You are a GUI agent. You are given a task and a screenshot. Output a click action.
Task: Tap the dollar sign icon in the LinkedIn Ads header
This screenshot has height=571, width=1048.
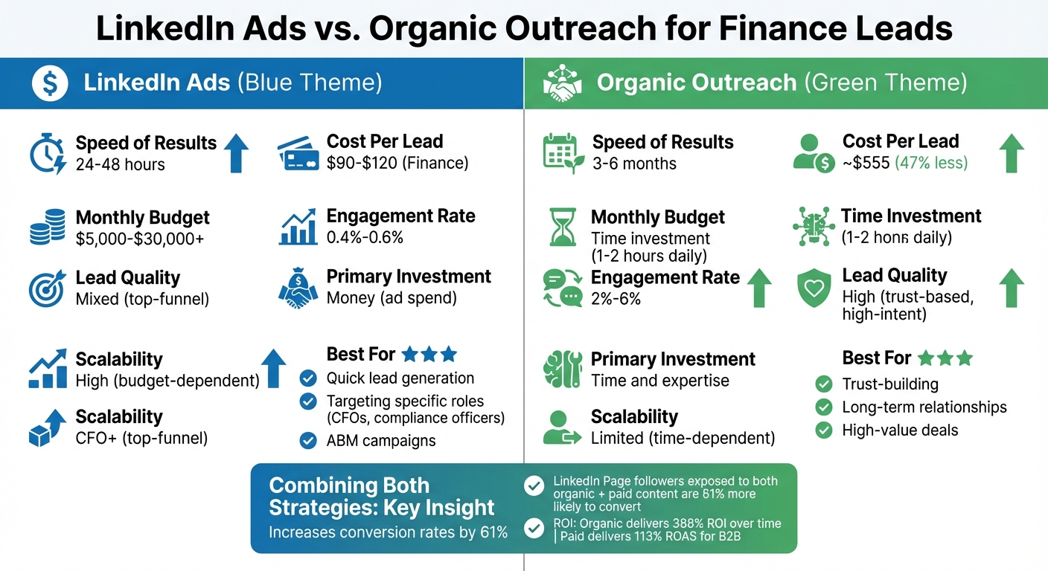point(50,83)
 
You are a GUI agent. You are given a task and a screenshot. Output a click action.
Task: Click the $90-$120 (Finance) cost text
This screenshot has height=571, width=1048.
point(397,163)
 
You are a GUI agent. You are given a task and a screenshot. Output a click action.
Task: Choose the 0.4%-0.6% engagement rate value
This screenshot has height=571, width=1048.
point(365,237)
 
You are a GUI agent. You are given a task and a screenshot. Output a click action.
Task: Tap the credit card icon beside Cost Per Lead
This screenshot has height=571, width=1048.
point(298,152)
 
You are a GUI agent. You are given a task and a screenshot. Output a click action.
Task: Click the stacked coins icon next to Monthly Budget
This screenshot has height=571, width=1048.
point(47,228)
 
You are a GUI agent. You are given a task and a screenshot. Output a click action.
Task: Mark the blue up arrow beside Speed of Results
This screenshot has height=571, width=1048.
point(236,152)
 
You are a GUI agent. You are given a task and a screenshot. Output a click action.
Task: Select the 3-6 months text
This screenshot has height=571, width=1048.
point(634,164)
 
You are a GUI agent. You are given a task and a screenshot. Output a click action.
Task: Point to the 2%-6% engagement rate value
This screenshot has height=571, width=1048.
point(616,299)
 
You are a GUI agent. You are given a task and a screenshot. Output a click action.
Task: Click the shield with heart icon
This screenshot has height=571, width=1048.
point(814,288)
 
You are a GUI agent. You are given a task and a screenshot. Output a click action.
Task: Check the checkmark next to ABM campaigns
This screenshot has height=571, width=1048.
point(307,440)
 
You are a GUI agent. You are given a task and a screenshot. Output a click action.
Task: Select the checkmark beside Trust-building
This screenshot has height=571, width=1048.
point(823,384)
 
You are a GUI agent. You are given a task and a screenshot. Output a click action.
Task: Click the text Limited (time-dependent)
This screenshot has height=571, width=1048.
point(683,438)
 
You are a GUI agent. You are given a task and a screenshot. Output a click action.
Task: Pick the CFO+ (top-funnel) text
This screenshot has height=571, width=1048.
point(141,438)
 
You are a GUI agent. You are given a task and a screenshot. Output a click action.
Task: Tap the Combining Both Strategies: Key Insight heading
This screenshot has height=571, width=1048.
point(381,497)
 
